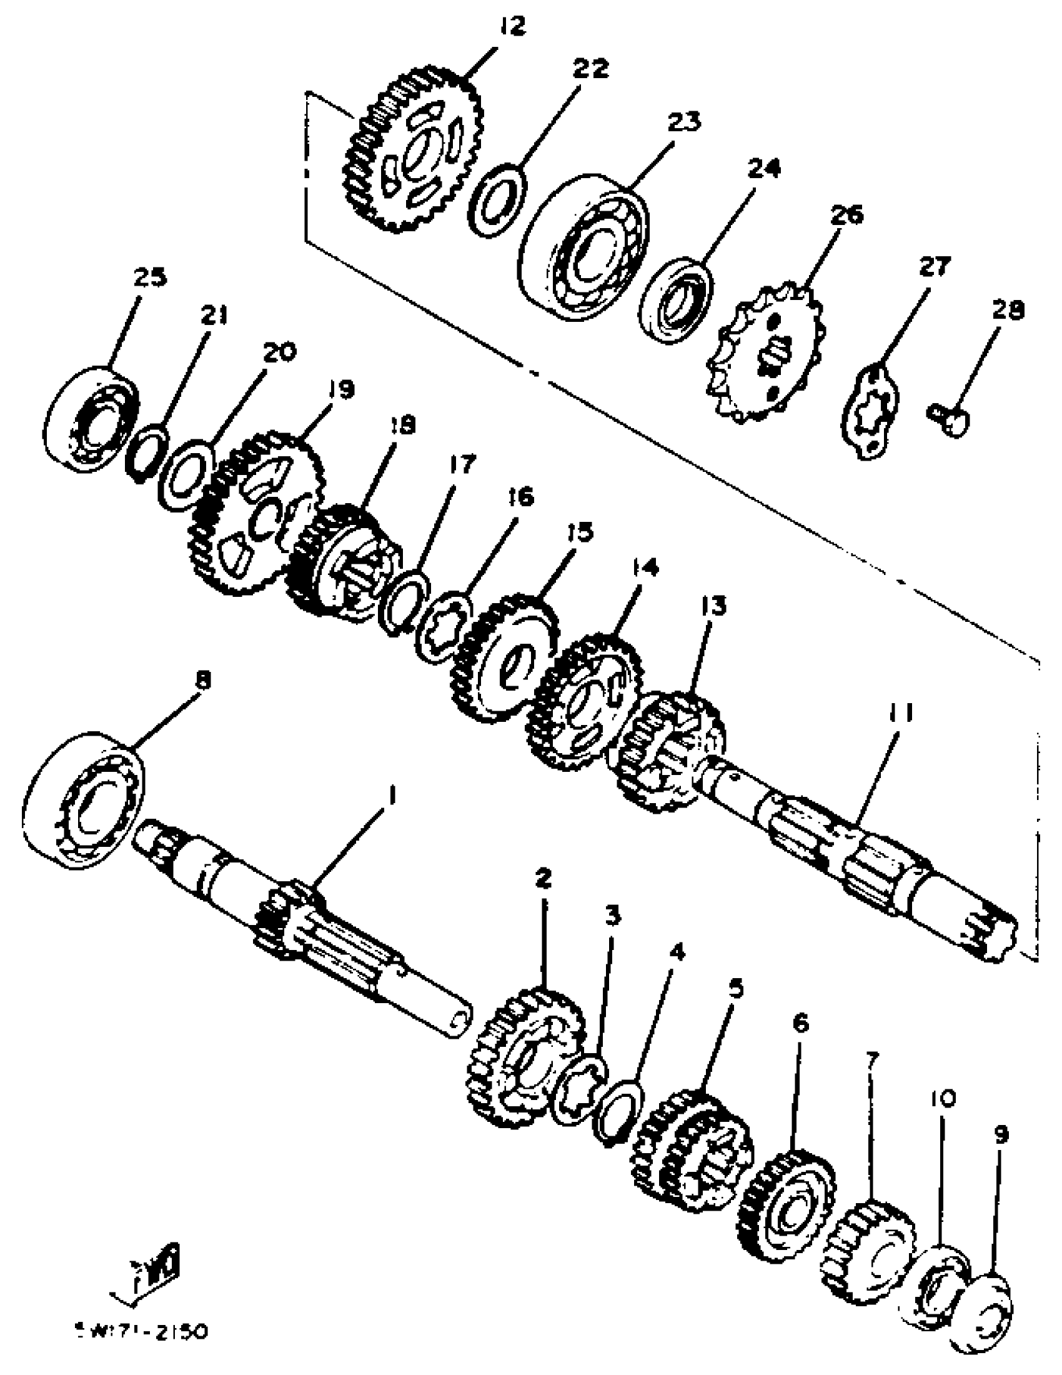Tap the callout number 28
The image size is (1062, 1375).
[x=1007, y=310]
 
